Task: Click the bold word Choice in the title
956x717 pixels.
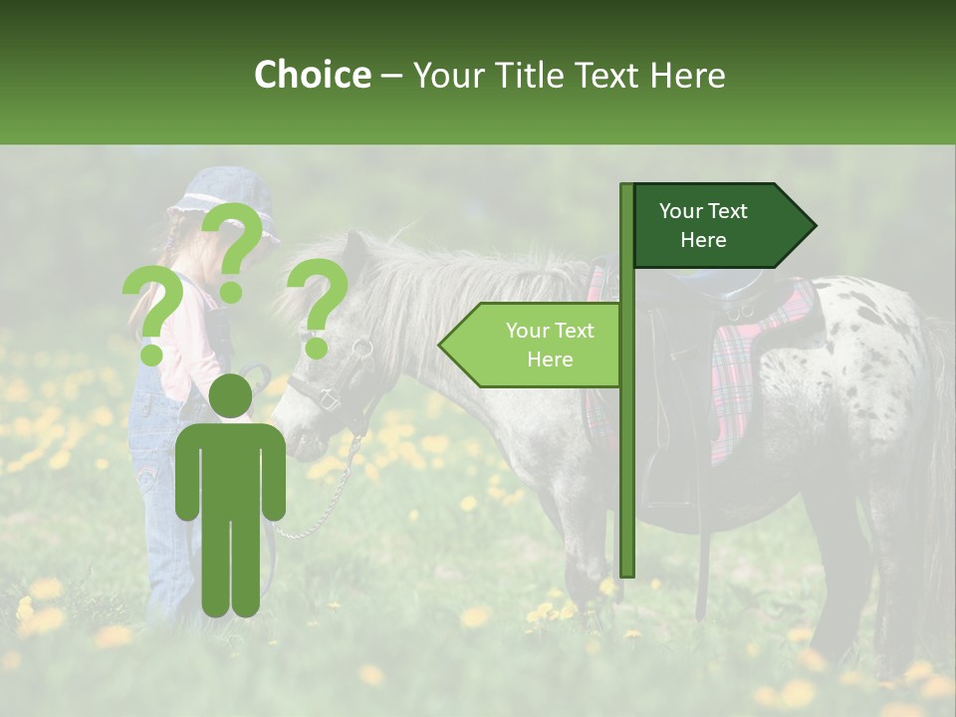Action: click(312, 76)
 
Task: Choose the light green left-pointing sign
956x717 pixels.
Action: click(532, 345)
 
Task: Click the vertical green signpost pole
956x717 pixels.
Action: click(626, 448)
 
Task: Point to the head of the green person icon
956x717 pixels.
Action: click(231, 396)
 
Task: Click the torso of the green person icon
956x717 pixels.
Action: click(231, 468)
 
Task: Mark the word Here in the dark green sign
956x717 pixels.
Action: click(703, 240)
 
